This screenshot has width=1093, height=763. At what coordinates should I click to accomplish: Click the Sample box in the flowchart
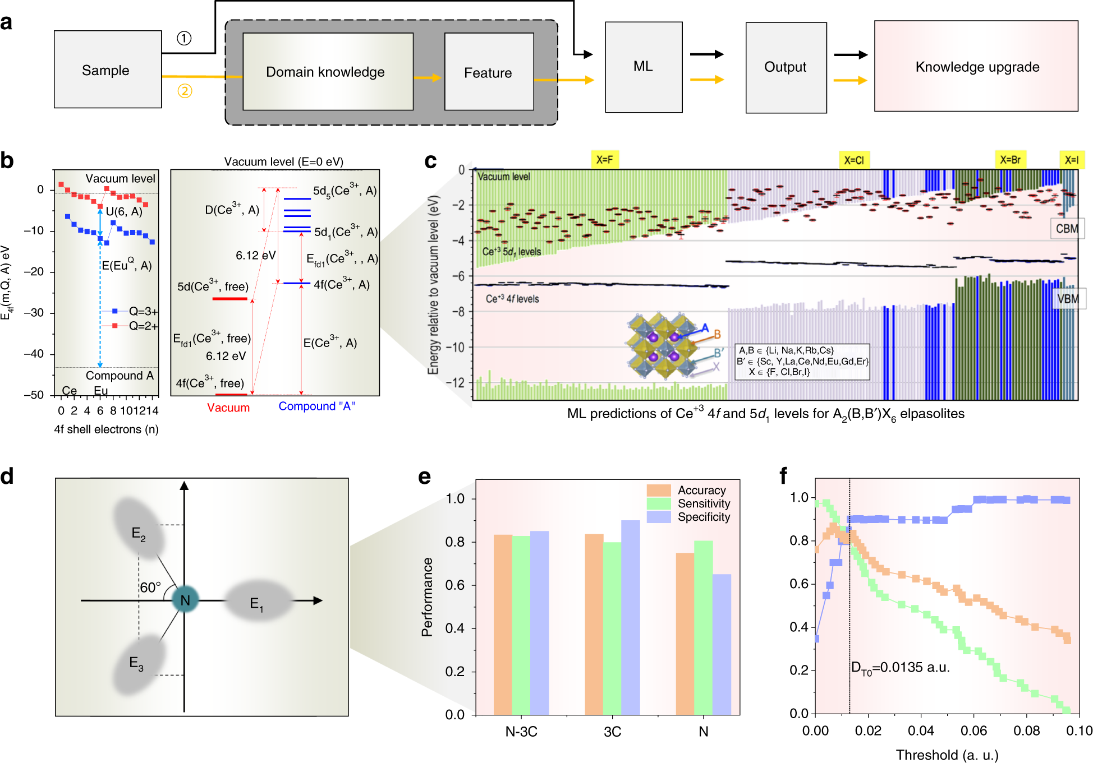[x=107, y=70]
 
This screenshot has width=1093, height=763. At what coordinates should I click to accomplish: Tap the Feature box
[x=488, y=72]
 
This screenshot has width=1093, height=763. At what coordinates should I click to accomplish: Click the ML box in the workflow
[x=643, y=67]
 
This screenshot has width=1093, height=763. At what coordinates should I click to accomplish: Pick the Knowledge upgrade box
[x=976, y=67]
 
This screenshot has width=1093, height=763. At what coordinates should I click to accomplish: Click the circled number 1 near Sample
[x=184, y=38]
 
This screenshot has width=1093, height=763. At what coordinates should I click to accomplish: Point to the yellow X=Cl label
[x=854, y=160]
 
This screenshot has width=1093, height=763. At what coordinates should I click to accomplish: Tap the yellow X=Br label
[x=1010, y=160]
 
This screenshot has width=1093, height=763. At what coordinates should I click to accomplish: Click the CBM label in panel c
[x=1066, y=229]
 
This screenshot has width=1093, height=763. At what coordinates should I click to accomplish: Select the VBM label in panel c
[x=1067, y=299]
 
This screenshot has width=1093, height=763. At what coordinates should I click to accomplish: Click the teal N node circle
[x=185, y=600]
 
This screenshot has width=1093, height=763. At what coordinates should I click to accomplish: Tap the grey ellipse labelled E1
[x=258, y=601]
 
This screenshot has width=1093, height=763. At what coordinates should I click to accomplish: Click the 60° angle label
[x=150, y=587]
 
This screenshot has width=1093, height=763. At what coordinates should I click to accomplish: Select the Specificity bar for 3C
[x=630, y=617]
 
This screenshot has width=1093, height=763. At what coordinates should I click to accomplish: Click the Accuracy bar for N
[x=685, y=633]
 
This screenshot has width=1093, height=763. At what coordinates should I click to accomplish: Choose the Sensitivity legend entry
[x=704, y=503]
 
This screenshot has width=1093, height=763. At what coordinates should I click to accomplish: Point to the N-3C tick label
[x=521, y=732]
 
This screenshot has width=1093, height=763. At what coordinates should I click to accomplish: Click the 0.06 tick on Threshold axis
[x=973, y=730]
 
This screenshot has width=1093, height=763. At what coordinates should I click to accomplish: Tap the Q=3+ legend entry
[x=143, y=311]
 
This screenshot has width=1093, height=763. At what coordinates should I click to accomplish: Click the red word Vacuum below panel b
[x=228, y=408]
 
